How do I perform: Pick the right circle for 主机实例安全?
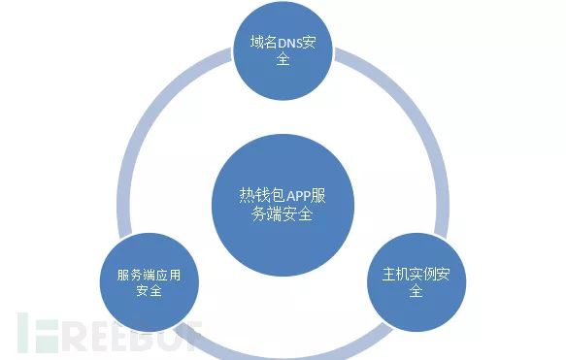tap(416, 280)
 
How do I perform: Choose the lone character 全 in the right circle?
tap(416, 290)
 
